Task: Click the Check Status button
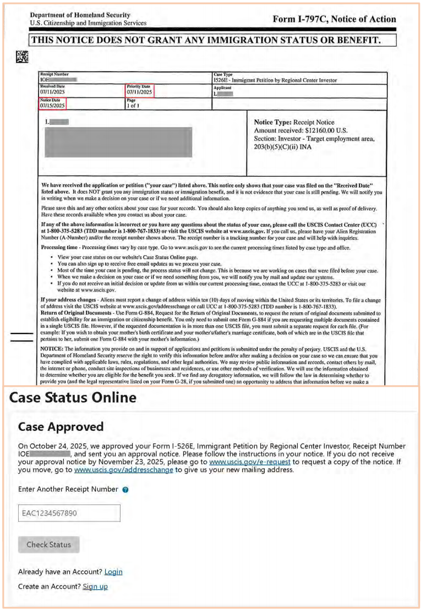tap(49, 545)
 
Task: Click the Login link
tap(113, 572)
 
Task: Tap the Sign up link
tap(95, 586)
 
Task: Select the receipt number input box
tap(69, 513)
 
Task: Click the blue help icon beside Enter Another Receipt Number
tap(125, 489)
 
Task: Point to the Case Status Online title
tap(73, 398)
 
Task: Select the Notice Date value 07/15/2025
tap(52, 105)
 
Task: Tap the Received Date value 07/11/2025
tap(52, 92)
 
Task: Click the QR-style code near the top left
tap(22, 57)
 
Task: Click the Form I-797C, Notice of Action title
tap(334, 19)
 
